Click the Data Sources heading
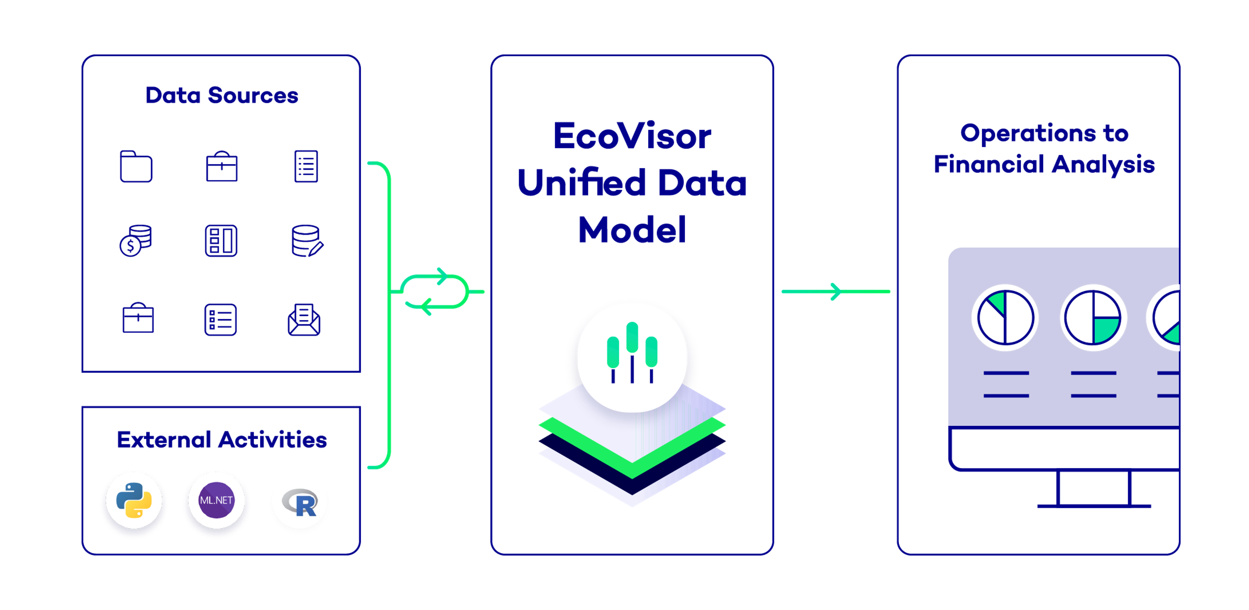(x=222, y=95)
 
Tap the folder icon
(x=136, y=167)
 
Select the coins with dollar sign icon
(x=136, y=240)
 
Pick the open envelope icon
(x=304, y=320)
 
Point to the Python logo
(x=134, y=500)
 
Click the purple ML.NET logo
(x=216, y=500)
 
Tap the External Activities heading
(x=222, y=440)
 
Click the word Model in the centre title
(x=632, y=230)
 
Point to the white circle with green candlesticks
(x=632, y=357)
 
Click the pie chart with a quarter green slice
(x=1093, y=318)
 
